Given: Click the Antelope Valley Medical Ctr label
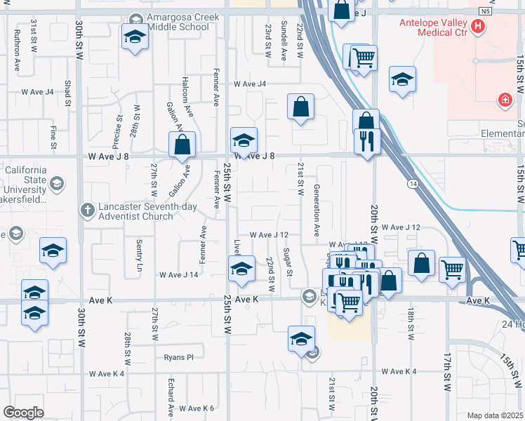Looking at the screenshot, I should [433, 27].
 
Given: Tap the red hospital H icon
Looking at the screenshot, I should [478, 27].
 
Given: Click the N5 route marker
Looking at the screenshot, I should [486, 12].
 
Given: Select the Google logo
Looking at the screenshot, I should [23, 413].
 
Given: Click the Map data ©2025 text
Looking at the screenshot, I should [495, 415].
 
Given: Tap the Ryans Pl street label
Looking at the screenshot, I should [178, 357].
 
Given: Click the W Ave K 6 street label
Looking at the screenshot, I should [196, 408].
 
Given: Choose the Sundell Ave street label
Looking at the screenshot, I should [284, 41].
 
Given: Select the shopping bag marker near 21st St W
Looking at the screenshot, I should [300, 107].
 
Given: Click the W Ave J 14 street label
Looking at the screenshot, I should [179, 275].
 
